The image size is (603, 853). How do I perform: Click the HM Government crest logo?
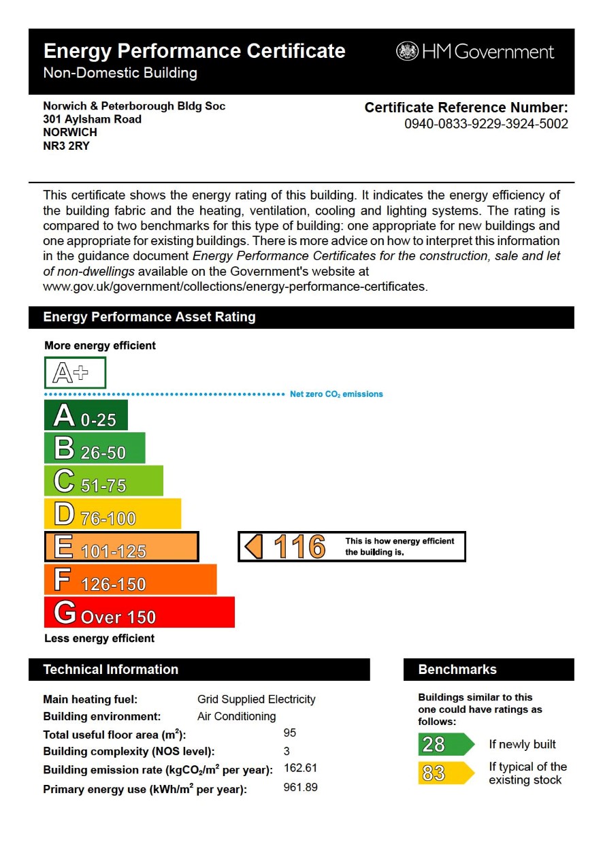pyautogui.click(x=407, y=52)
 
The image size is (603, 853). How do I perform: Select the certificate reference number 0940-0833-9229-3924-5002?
pyautogui.click(x=486, y=124)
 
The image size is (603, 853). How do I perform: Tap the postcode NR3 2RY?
pyautogui.click(x=66, y=145)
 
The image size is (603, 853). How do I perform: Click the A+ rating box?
pyautogui.click(x=75, y=372)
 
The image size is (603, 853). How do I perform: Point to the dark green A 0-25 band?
pyautogui.click(x=86, y=415)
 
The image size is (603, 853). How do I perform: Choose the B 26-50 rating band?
pyautogui.click(x=95, y=448)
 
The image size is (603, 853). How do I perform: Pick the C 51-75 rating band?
pyautogui.click(x=103, y=481)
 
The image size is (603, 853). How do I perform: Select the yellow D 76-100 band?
pyautogui.click(x=112, y=513)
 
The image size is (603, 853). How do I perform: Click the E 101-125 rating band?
pyautogui.click(x=121, y=547)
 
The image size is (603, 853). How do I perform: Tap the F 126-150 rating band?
pyautogui.click(x=130, y=579)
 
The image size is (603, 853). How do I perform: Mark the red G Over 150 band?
pyautogui.click(x=139, y=612)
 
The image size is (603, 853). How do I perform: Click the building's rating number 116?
pyautogui.click(x=299, y=547)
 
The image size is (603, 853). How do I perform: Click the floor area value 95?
pyautogui.click(x=289, y=733)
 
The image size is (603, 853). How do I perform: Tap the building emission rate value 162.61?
pyautogui.click(x=300, y=769)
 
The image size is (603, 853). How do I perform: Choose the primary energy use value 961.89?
pyautogui.click(x=300, y=788)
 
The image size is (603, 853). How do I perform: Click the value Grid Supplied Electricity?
pyautogui.click(x=256, y=699)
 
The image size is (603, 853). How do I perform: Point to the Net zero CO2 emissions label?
pyautogui.click(x=336, y=394)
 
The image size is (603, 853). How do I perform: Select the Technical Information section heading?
pyautogui.click(x=111, y=669)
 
